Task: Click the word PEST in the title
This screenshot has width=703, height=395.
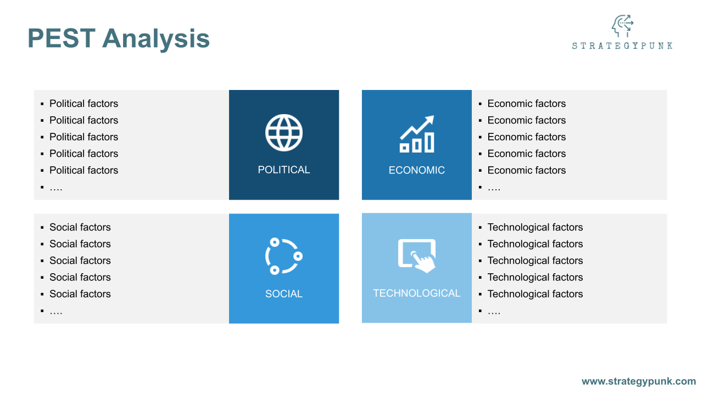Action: pos(60,39)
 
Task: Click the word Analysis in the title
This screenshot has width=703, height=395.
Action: pos(156,39)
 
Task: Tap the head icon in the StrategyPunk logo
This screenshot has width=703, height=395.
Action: pos(622,26)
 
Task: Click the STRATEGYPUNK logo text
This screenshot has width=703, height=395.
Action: pos(622,46)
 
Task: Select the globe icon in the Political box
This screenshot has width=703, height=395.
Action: pos(284,133)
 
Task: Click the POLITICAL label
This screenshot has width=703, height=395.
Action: pos(284,170)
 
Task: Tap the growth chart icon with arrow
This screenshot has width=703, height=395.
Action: pos(417,134)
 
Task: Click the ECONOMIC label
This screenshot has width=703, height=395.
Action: pos(417,171)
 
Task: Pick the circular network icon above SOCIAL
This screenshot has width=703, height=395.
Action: pos(284,256)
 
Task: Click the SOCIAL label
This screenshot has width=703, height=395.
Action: pos(284,294)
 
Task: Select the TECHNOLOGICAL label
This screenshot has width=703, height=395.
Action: pos(417,294)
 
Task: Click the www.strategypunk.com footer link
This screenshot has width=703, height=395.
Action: pos(639,381)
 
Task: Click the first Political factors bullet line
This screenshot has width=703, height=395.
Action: pos(83,104)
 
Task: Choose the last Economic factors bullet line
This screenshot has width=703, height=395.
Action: pos(526,171)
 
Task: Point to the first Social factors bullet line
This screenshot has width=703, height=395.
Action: pos(80,227)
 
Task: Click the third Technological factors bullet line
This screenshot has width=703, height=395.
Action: pos(535,261)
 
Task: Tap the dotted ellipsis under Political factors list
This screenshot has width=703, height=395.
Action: pos(56,188)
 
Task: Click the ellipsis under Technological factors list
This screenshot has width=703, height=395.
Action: pos(494,311)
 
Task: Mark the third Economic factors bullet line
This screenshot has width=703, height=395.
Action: pos(526,137)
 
